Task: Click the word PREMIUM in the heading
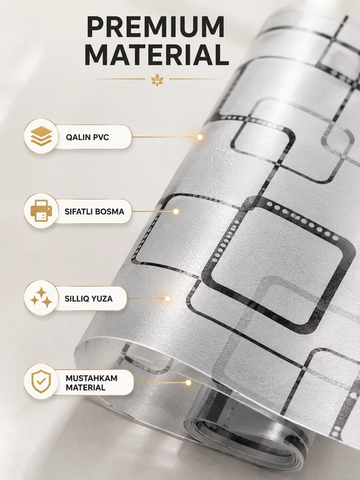(x=156, y=27)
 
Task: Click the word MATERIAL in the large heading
(x=157, y=55)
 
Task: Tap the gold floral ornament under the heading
(x=157, y=79)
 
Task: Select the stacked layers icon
(x=41, y=136)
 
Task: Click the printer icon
(x=41, y=211)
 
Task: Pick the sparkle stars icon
(x=41, y=297)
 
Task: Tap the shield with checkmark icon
(x=41, y=381)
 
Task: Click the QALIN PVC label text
(x=87, y=137)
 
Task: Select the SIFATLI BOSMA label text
(x=94, y=211)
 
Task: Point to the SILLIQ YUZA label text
(x=89, y=299)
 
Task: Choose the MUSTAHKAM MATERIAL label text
(x=91, y=383)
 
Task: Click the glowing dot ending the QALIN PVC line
(x=200, y=137)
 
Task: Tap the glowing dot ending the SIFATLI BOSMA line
(x=176, y=211)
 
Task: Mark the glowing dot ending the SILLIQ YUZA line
(x=167, y=298)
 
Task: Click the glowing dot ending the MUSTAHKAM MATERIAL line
(x=188, y=383)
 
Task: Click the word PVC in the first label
(x=101, y=137)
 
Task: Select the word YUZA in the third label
(x=101, y=299)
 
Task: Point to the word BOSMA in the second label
(x=109, y=211)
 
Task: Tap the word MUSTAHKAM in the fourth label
(x=91, y=378)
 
